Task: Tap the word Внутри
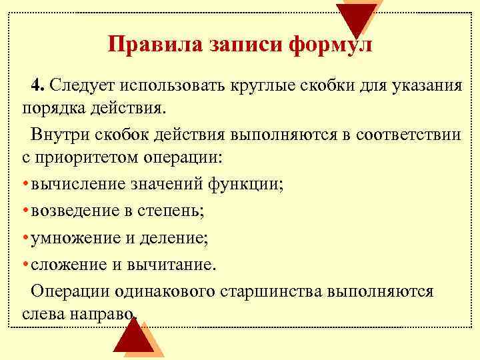59,135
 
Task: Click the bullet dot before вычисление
25,185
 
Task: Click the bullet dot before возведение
25,211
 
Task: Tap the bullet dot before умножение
25,238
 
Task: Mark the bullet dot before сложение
25,265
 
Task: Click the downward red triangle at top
356,17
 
